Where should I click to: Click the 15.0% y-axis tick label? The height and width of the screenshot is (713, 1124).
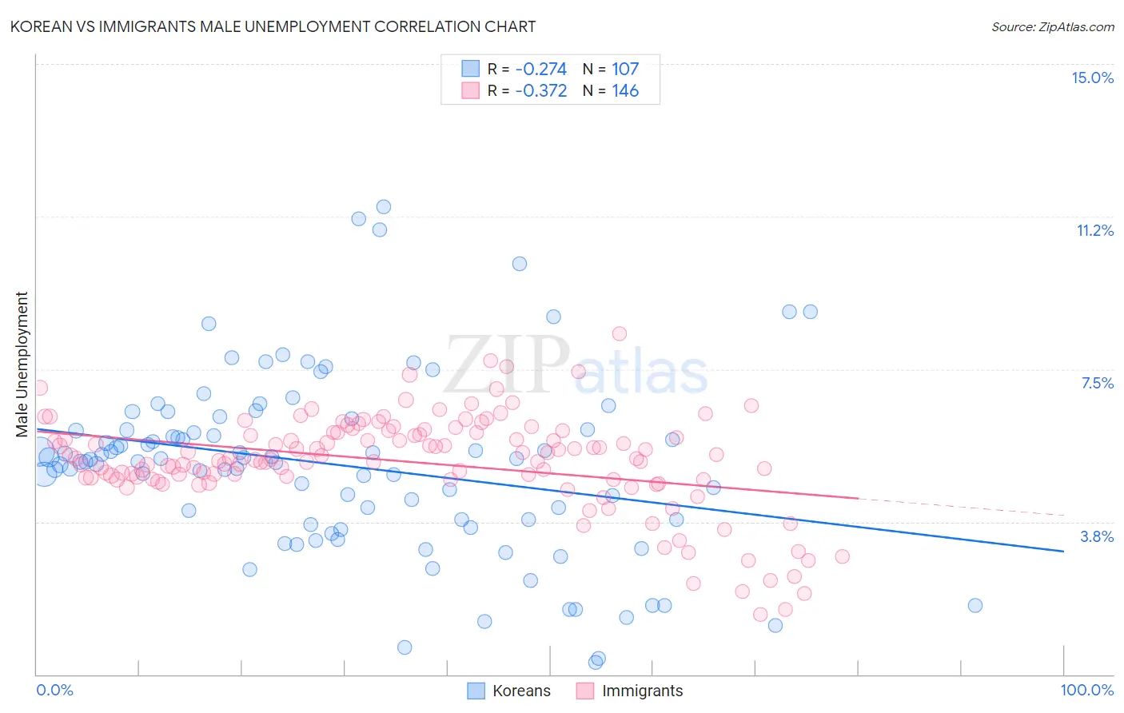pyautogui.click(x=1092, y=78)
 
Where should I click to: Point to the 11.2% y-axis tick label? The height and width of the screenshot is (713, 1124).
pyautogui.click(x=1094, y=230)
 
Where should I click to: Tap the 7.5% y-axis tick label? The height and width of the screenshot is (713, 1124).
pyautogui.click(x=1097, y=383)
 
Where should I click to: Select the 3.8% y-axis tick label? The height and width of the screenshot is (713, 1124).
pyautogui.click(x=1097, y=536)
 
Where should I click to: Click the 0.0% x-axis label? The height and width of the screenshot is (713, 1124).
pyautogui.click(x=54, y=690)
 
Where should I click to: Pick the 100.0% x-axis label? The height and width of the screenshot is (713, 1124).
pyautogui.click(x=1086, y=690)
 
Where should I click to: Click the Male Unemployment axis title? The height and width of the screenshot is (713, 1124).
pyautogui.click(x=22, y=364)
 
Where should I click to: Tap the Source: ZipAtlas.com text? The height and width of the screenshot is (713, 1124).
pyautogui.click(x=1052, y=26)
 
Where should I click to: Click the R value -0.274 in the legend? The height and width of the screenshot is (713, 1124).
pyautogui.click(x=540, y=69)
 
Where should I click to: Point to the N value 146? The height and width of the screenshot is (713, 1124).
pyautogui.click(x=625, y=90)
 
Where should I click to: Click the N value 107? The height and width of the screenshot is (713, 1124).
pyautogui.click(x=625, y=69)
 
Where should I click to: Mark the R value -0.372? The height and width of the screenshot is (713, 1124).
pyautogui.click(x=540, y=90)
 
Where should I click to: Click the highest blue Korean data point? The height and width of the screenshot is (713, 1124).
pyautogui.click(x=384, y=207)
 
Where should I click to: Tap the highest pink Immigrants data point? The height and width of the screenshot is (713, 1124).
pyautogui.click(x=619, y=334)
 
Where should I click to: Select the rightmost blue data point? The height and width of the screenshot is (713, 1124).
pyautogui.click(x=975, y=605)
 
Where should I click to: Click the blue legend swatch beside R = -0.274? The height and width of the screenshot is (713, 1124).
pyautogui.click(x=470, y=69)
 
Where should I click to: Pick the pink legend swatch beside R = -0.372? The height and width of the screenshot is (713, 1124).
pyautogui.click(x=470, y=90)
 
